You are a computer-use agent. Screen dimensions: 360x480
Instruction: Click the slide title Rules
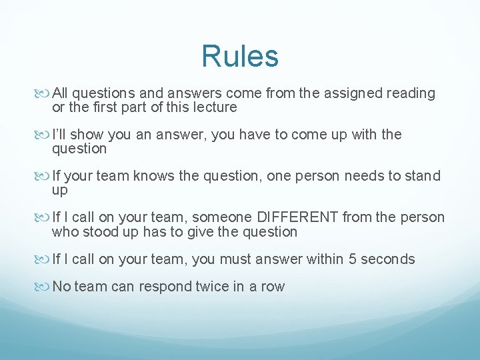(240, 56)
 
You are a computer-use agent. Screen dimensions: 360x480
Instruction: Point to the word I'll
(60, 135)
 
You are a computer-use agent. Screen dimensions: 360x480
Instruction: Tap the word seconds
(389, 259)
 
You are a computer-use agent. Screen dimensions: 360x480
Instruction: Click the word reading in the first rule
(411, 93)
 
